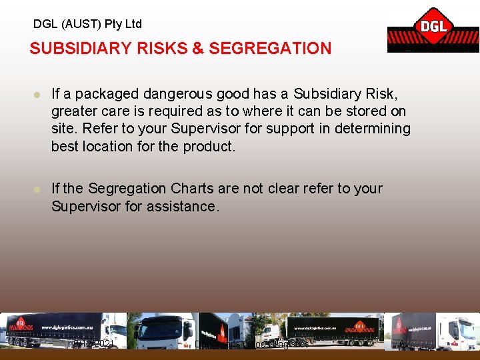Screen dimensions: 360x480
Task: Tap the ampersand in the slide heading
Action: (x=197, y=49)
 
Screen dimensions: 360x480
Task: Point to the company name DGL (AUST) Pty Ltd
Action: (x=87, y=24)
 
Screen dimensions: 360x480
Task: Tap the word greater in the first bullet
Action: (x=74, y=111)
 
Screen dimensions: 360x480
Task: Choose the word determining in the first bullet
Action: (x=374, y=129)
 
